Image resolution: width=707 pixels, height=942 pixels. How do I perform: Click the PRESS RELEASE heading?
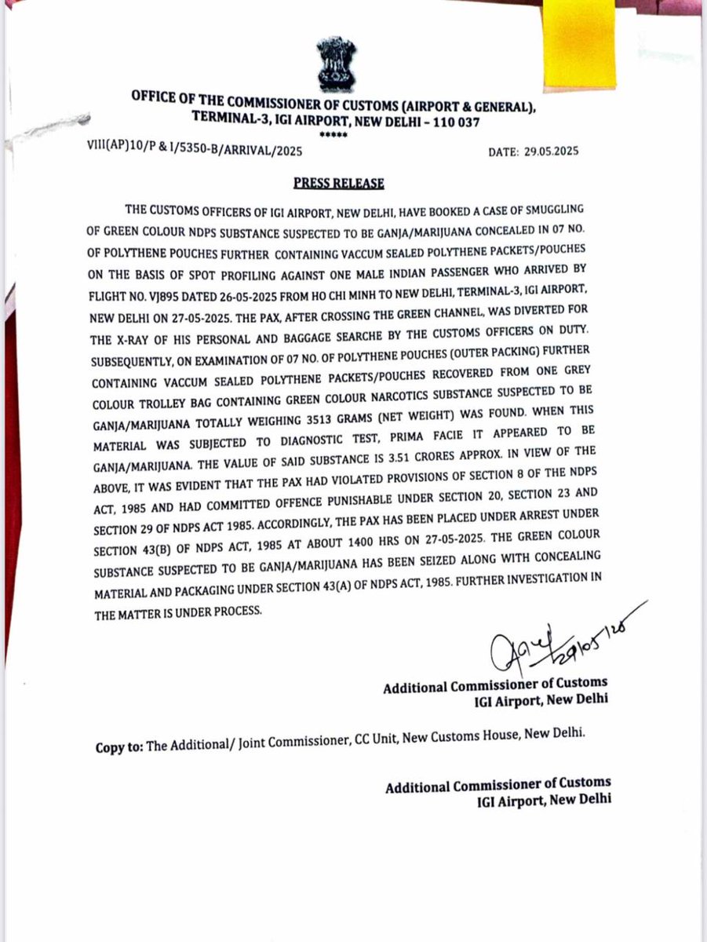tap(338, 183)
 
